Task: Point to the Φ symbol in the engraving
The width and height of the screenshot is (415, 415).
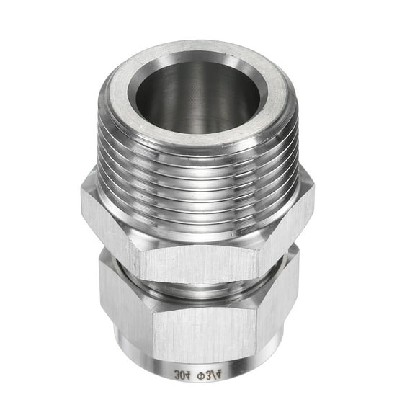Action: pyautogui.click(x=207, y=375)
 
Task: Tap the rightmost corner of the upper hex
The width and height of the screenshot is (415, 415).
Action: pyautogui.click(x=313, y=193)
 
